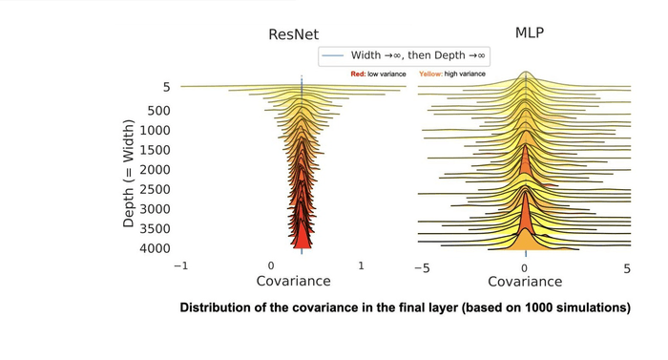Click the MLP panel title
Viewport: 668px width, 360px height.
[529, 32]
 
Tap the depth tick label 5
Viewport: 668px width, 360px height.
[166, 87]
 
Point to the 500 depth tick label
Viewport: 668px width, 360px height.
[158, 110]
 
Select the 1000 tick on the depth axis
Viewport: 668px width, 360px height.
[154, 130]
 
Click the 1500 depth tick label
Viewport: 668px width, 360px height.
[154, 150]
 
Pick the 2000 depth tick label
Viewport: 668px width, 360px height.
[154, 169]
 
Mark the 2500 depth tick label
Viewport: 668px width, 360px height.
[154, 189]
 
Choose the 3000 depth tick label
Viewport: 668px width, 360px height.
[154, 208]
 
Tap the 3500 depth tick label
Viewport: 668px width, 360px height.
[154, 228]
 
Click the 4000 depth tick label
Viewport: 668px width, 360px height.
[154, 248]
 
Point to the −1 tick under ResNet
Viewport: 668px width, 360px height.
[180, 266]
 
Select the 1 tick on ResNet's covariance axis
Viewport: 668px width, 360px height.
[361, 266]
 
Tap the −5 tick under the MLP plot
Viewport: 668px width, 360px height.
[422, 269]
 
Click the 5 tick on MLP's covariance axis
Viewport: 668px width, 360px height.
[627, 269]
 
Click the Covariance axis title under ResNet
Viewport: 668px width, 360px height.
[294, 282]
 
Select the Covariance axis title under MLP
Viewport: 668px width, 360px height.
[525, 283]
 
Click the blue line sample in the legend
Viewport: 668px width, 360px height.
[330, 55]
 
